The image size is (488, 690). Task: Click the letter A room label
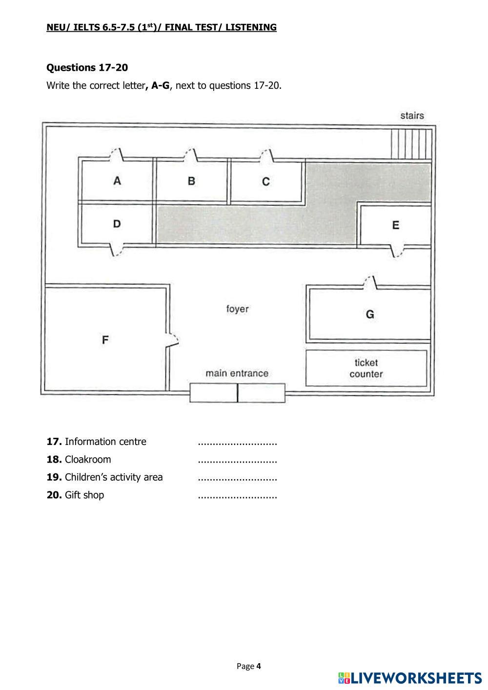(x=117, y=181)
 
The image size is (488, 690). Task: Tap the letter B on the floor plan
(x=191, y=181)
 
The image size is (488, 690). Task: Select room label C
(x=266, y=182)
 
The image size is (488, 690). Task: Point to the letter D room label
(x=117, y=223)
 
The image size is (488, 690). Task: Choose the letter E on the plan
(x=396, y=225)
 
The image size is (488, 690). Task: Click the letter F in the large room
(x=105, y=340)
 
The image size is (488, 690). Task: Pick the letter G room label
(x=370, y=314)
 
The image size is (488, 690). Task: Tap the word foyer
(x=237, y=309)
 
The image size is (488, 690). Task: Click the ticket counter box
(x=366, y=368)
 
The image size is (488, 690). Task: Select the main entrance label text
(x=237, y=373)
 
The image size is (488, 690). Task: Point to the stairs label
(x=412, y=116)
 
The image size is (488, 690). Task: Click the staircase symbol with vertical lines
(x=411, y=144)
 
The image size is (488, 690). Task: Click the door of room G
(x=370, y=283)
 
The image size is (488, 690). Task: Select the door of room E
(x=397, y=251)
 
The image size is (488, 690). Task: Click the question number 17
(x=54, y=442)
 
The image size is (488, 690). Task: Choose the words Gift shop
(x=84, y=495)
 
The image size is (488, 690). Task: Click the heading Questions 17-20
(x=87, y=67)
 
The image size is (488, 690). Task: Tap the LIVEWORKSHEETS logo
(x=410, y=678)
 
